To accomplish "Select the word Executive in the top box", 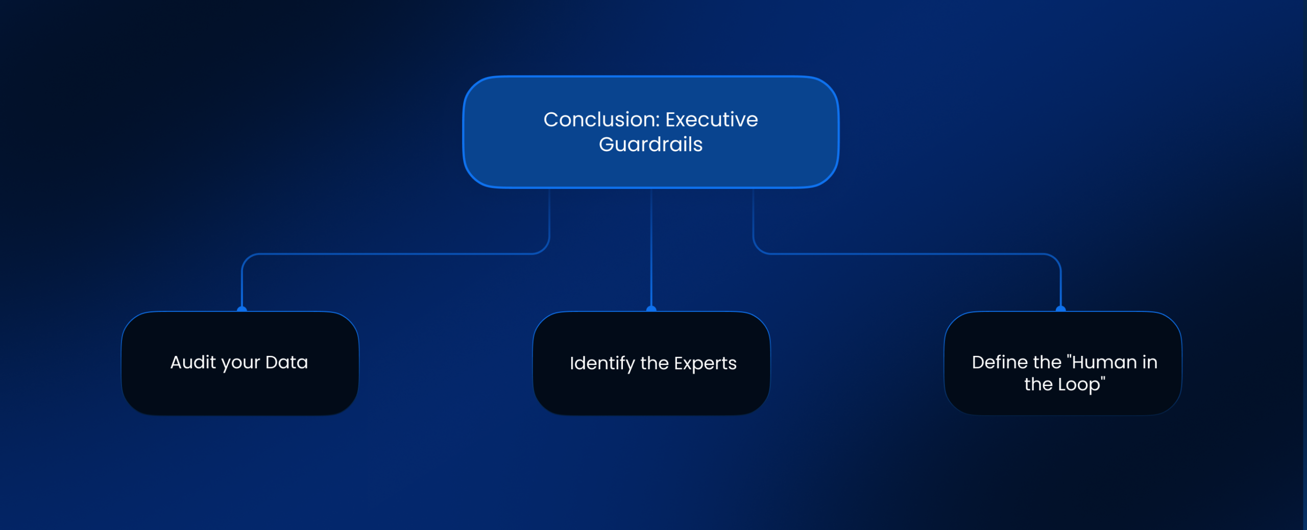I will pyautogui.click(x=711, y=119).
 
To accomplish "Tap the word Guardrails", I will pyautogui.click(x=650, y=144).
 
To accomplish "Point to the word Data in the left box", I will pyautogui.click(x=286, y=362).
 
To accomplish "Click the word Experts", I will pyautogui.click(x=705, y=363).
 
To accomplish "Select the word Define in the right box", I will pyautogui.click(x=1000, y=362).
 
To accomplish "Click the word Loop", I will pyautogui.click(x=1078, y=384).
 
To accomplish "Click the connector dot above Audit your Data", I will pyautogui.click(x=242, y=309).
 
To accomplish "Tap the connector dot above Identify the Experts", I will pyautogui.click(x=651, y=309).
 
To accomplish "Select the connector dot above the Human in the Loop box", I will pyautogui.click(x=1060, y=309).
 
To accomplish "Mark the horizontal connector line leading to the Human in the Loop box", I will pyautogui.click(x=909, y=253).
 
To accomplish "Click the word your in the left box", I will pyautogui.click(x=240, y=363).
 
